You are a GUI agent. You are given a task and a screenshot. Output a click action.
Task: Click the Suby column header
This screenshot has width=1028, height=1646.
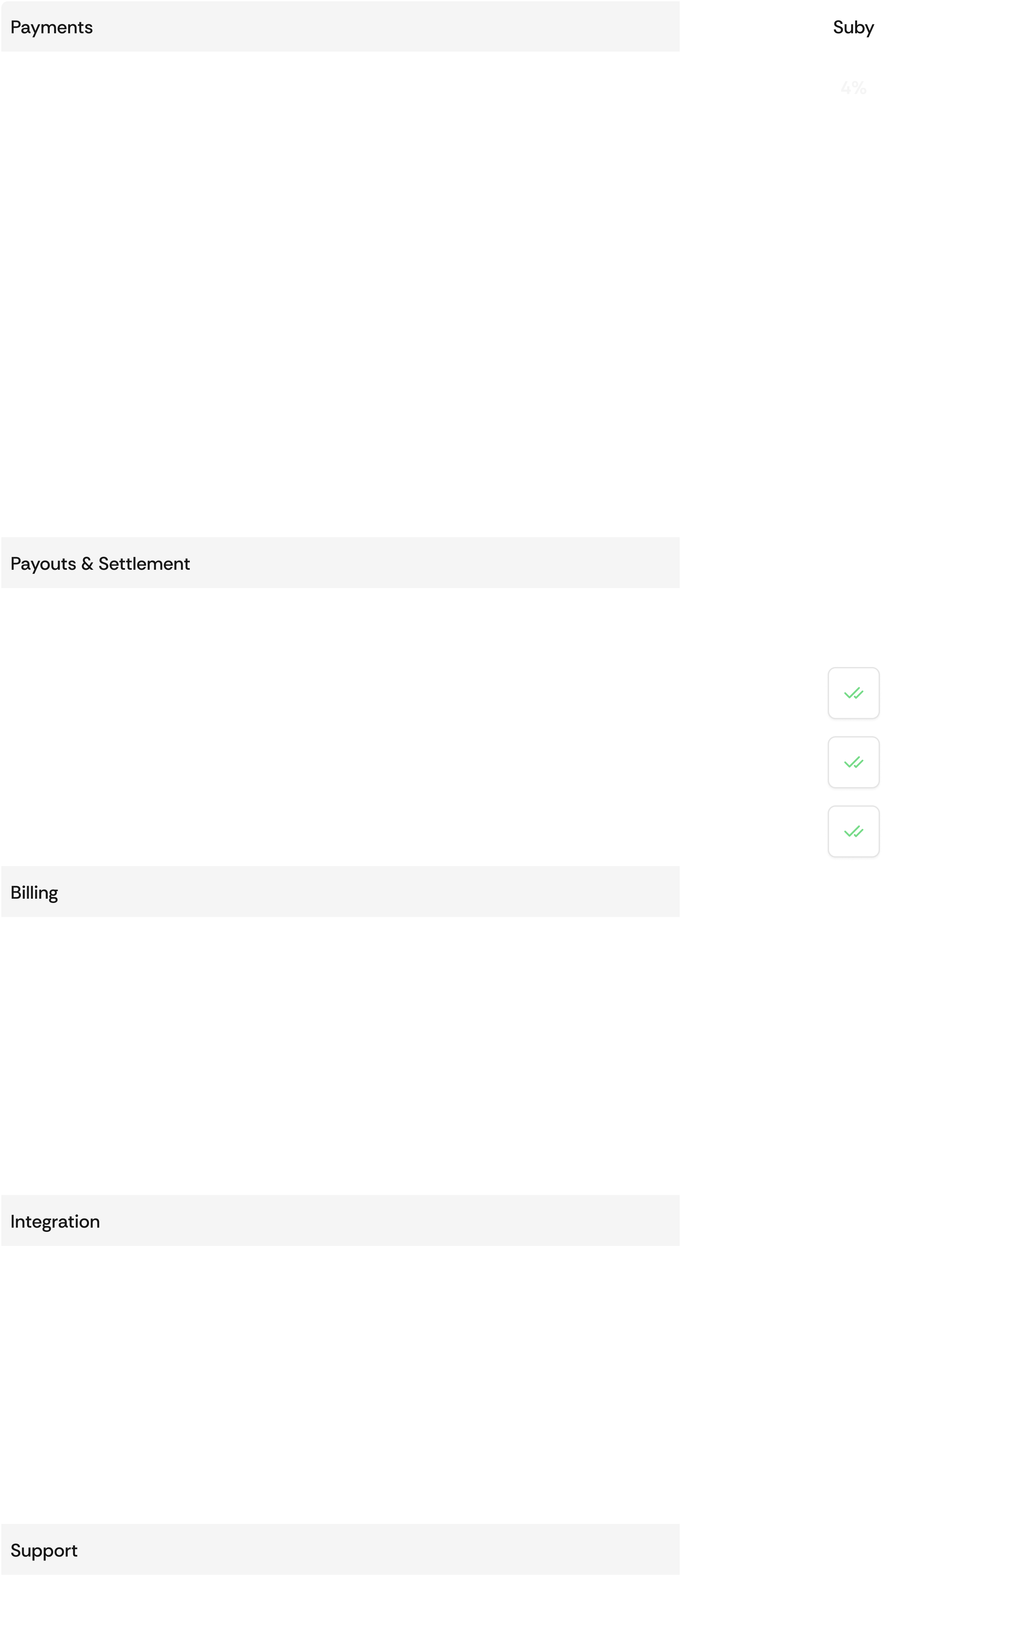point(853,27)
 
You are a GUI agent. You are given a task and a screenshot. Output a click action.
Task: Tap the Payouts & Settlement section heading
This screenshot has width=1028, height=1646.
point(100,564)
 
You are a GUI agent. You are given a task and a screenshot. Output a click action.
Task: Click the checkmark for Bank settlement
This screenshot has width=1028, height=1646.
point(853,694)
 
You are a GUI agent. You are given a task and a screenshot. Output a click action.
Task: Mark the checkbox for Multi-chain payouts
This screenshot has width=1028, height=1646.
point(853,832)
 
